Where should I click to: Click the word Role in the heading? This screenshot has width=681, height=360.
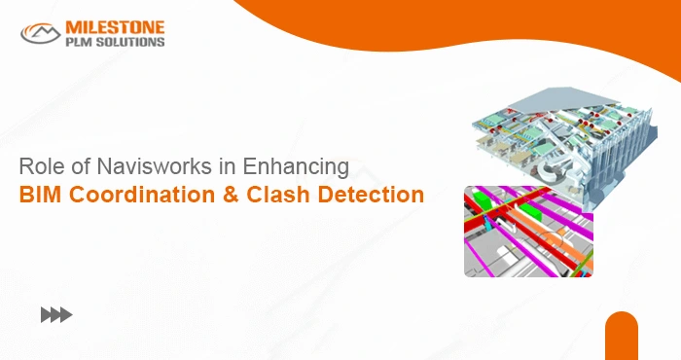(40, 166)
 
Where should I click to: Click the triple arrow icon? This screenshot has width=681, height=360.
(55, 314)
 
